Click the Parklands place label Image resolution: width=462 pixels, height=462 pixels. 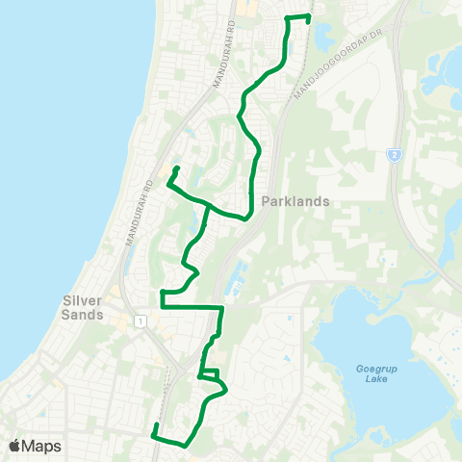295,202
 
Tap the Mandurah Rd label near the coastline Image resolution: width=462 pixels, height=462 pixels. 138,211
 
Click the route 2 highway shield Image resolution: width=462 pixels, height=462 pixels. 394,154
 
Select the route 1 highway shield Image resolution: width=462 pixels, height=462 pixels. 141,321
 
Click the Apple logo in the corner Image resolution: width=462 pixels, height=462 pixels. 14,446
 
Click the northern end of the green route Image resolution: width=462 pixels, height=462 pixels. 309,16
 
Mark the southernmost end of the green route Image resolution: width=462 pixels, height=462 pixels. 155,424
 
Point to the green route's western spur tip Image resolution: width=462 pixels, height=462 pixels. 178,168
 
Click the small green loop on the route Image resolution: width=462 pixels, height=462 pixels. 210,374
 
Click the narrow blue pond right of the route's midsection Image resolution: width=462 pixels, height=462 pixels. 233,280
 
